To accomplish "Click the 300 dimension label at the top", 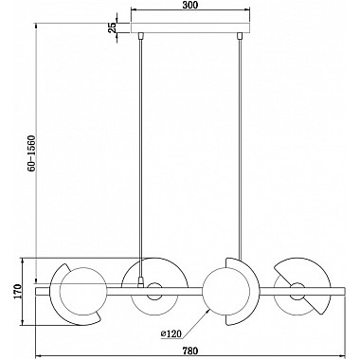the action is tap(191, 6).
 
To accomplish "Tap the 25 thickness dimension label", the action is tap(112, 27).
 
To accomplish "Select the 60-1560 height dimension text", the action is tap(32, 153).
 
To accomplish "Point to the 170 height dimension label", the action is tap(17, 292).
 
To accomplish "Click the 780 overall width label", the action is tap(190, 351).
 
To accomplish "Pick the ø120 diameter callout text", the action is tap(171, 333).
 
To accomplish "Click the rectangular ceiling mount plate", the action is tap(190, 27).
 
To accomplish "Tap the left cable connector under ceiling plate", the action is tap(140, 35).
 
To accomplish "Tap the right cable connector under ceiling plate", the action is tap(240, 35).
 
